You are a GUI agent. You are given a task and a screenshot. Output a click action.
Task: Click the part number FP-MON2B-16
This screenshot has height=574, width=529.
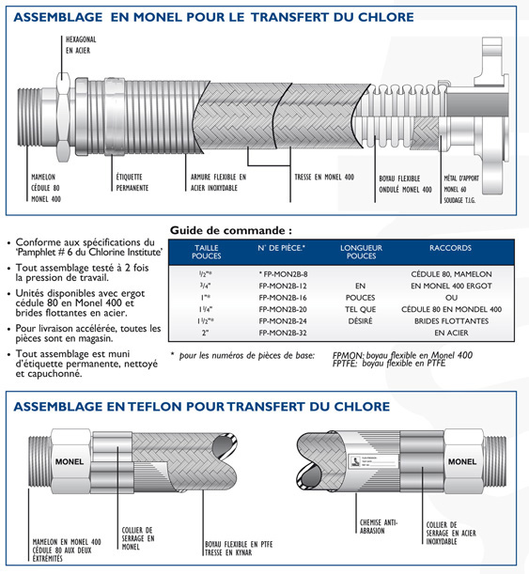tap(283, 298)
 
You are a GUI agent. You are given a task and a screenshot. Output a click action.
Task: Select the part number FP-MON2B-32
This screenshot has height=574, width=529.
tap(283, 333)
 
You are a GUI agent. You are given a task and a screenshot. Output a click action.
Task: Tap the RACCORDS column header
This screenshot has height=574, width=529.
tap(450, 248)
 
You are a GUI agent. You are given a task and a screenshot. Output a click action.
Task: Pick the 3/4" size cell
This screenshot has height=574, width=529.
tap(206, 286)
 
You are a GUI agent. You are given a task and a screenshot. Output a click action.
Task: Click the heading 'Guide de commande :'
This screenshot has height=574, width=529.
tap(231, 230)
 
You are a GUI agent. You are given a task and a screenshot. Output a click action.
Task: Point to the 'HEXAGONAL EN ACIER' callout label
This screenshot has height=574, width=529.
tap(81, 45)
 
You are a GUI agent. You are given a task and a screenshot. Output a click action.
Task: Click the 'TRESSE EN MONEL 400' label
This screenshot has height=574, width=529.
tap(324, 178)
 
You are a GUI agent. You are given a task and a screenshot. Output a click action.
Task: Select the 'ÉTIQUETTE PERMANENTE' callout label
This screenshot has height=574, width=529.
tap(132, 182)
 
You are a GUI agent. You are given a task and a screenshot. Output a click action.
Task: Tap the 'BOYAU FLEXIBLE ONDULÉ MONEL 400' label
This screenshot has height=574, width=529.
tap(405, 184)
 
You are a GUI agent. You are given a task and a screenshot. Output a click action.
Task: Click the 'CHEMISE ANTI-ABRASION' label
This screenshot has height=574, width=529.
tap(378, 526)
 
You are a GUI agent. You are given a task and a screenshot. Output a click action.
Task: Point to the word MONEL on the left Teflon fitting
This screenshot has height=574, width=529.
tap(70, 461)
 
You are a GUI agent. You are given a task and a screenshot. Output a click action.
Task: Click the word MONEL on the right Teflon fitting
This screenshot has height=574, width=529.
tap(462, 461)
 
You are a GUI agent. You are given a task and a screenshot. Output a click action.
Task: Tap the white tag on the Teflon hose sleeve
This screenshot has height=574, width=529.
tap(373, 461)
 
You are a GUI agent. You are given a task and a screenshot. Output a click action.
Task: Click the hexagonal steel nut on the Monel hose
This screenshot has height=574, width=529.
tap(63, 117)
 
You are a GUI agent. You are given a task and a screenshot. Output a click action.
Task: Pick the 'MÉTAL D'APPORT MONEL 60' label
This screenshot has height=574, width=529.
tap(461, 184)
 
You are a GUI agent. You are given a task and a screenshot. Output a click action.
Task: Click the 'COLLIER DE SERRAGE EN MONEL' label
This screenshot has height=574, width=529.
tap(138, 538)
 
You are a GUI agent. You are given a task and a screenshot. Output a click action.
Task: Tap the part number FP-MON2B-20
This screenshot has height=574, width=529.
tap(283, 309)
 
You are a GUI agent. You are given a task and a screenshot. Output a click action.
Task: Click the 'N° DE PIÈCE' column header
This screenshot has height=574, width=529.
tap(281, 248)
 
